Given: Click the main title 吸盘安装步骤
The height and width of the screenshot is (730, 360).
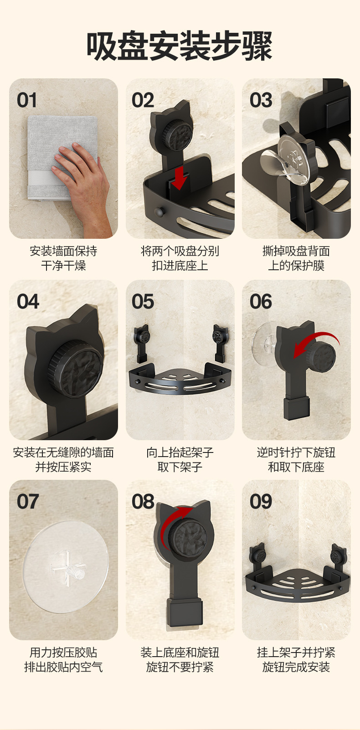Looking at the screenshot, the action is point(180,46).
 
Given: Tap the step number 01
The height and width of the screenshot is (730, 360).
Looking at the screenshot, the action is point(27,100).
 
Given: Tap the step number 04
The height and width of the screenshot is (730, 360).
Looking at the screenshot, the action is point(28,302).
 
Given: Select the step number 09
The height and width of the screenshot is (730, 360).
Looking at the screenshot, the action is point(261,502).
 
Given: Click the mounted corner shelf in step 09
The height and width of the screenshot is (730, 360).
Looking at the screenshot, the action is point(297,577).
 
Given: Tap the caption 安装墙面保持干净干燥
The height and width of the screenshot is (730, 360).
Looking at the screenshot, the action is point(63,258).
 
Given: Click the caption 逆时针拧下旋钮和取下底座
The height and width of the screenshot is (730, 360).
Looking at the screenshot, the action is point(296,460).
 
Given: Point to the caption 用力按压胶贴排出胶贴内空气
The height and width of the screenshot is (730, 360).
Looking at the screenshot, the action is point(63,660).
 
